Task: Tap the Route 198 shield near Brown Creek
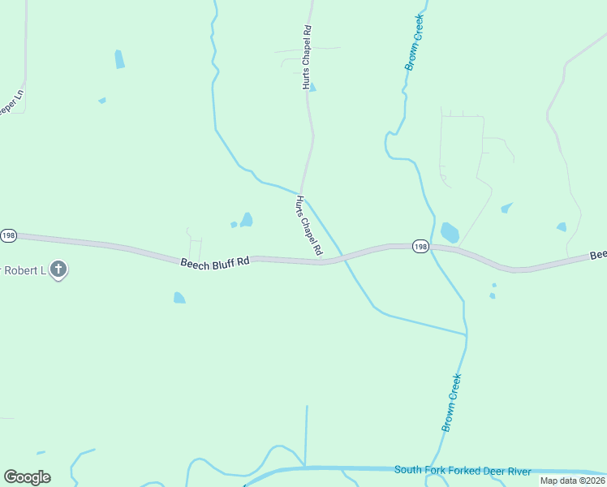click(x=420, y=247)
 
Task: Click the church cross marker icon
click(x=58, y=269)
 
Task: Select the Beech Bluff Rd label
click(x=214, y=262)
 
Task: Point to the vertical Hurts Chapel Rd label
click(x=307, y=57)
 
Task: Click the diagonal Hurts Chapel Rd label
click(x=309, y=226)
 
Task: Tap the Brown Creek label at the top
click(x=415, y=42)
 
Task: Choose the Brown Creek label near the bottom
click(x=451, y=402)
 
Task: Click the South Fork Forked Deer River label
click(x=463, y=471)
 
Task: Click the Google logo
click(x=27, y=477)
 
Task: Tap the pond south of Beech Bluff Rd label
click(x=179, y=298)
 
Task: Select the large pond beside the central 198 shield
click(x=450, y=233)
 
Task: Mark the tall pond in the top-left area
click(x=120, y=58)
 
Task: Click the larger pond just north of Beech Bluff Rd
click(x=246, y=219)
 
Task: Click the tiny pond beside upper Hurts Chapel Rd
click(x=312, y=88)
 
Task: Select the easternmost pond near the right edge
click(x=562, y=226)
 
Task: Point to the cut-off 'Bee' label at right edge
click(x=598, y=255)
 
